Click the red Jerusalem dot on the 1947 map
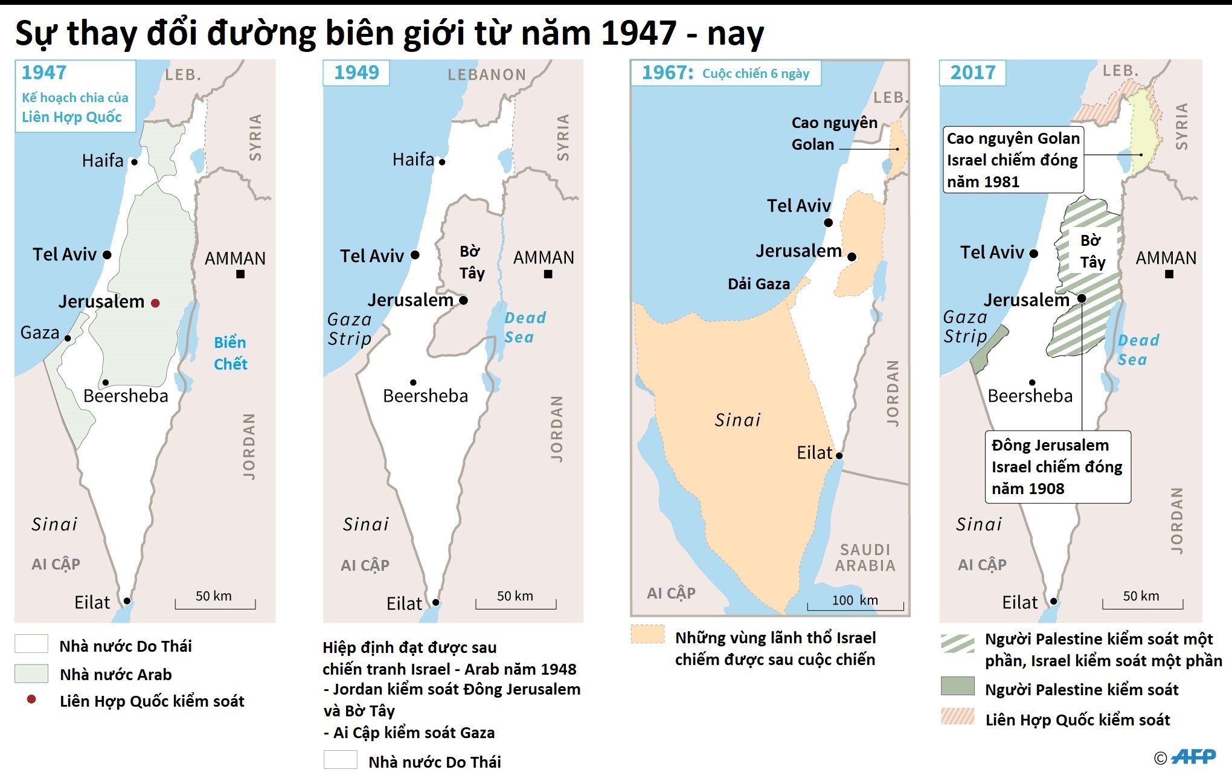point(155,303)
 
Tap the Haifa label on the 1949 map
point(413,159)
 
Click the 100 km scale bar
point(855,605)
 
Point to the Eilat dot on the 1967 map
point(839,455)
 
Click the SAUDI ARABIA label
point(865,558)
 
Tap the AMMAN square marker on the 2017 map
point(1169,274)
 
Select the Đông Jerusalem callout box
point(1057,467)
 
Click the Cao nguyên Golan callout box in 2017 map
point(1013,159)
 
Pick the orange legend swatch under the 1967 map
point(647,634)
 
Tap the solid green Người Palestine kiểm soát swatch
point(957,686)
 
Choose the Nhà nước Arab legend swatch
point(31,673)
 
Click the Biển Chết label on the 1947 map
point(230,353)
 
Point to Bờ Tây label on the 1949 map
point(471,262)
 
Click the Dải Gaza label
point(759,284)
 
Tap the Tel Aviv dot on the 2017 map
point(1033,254)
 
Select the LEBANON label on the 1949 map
point(487,75)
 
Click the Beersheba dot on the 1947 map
point(105,382)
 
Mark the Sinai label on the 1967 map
point(737,420)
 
